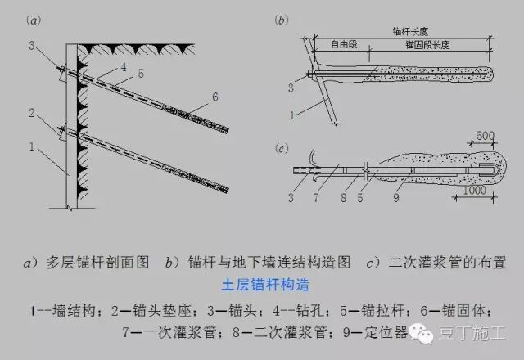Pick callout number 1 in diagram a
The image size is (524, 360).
point(30,148)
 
